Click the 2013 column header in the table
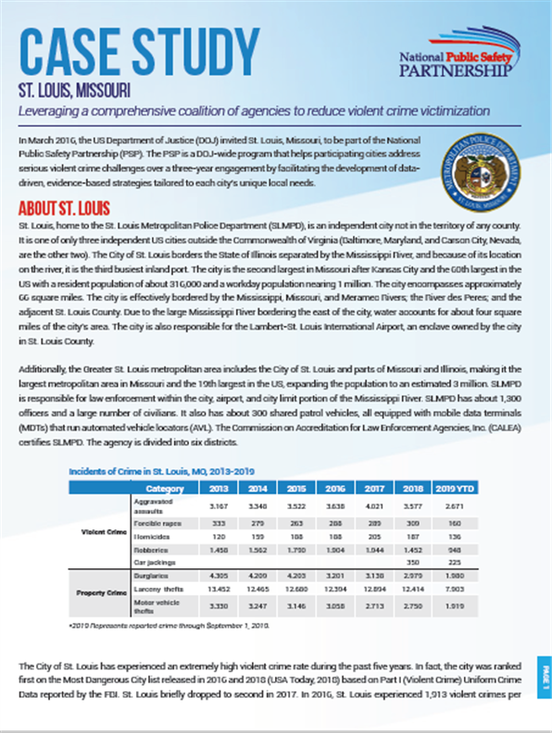[x=220, y=489]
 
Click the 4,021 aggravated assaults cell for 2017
[x=374, y=505]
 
